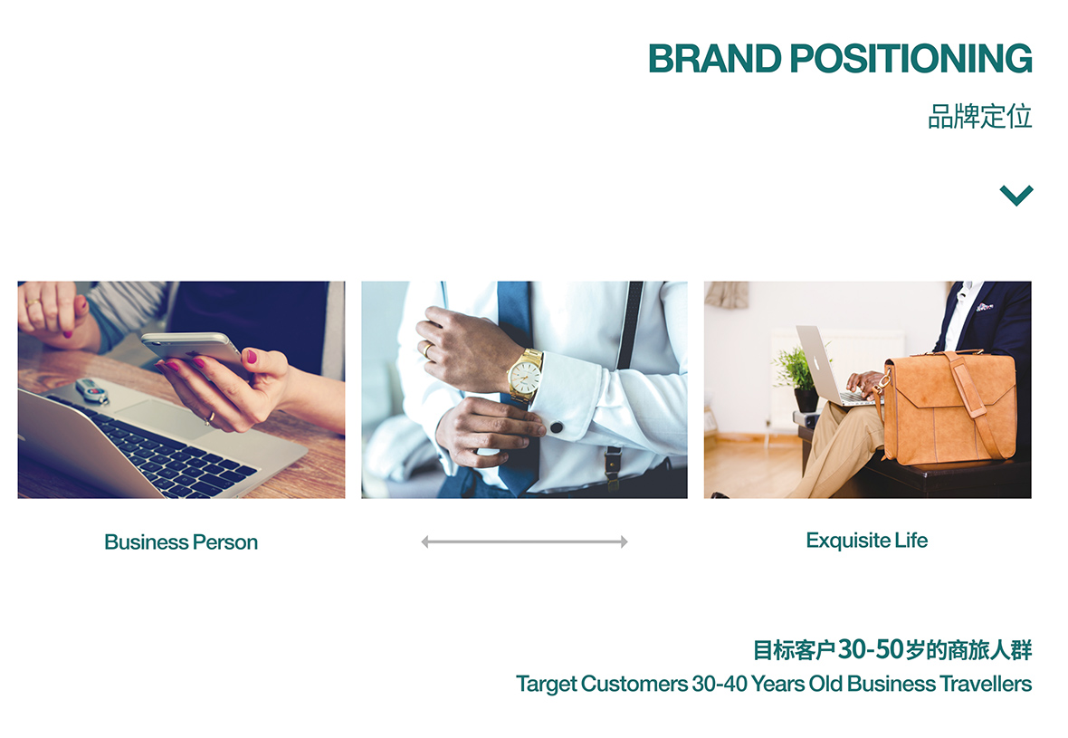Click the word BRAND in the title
coord(714,59)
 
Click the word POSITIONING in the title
coord(911,59)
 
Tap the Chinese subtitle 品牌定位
coord(980,117)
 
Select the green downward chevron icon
coord(1016,195)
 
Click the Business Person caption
coord(181,542)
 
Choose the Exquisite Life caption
coord(867,541)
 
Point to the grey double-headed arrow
coord(524,542)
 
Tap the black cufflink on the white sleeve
coord(557,428)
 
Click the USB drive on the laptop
coord(92,390)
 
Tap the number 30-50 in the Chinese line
coord(871,649)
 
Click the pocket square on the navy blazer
coord(984,307)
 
